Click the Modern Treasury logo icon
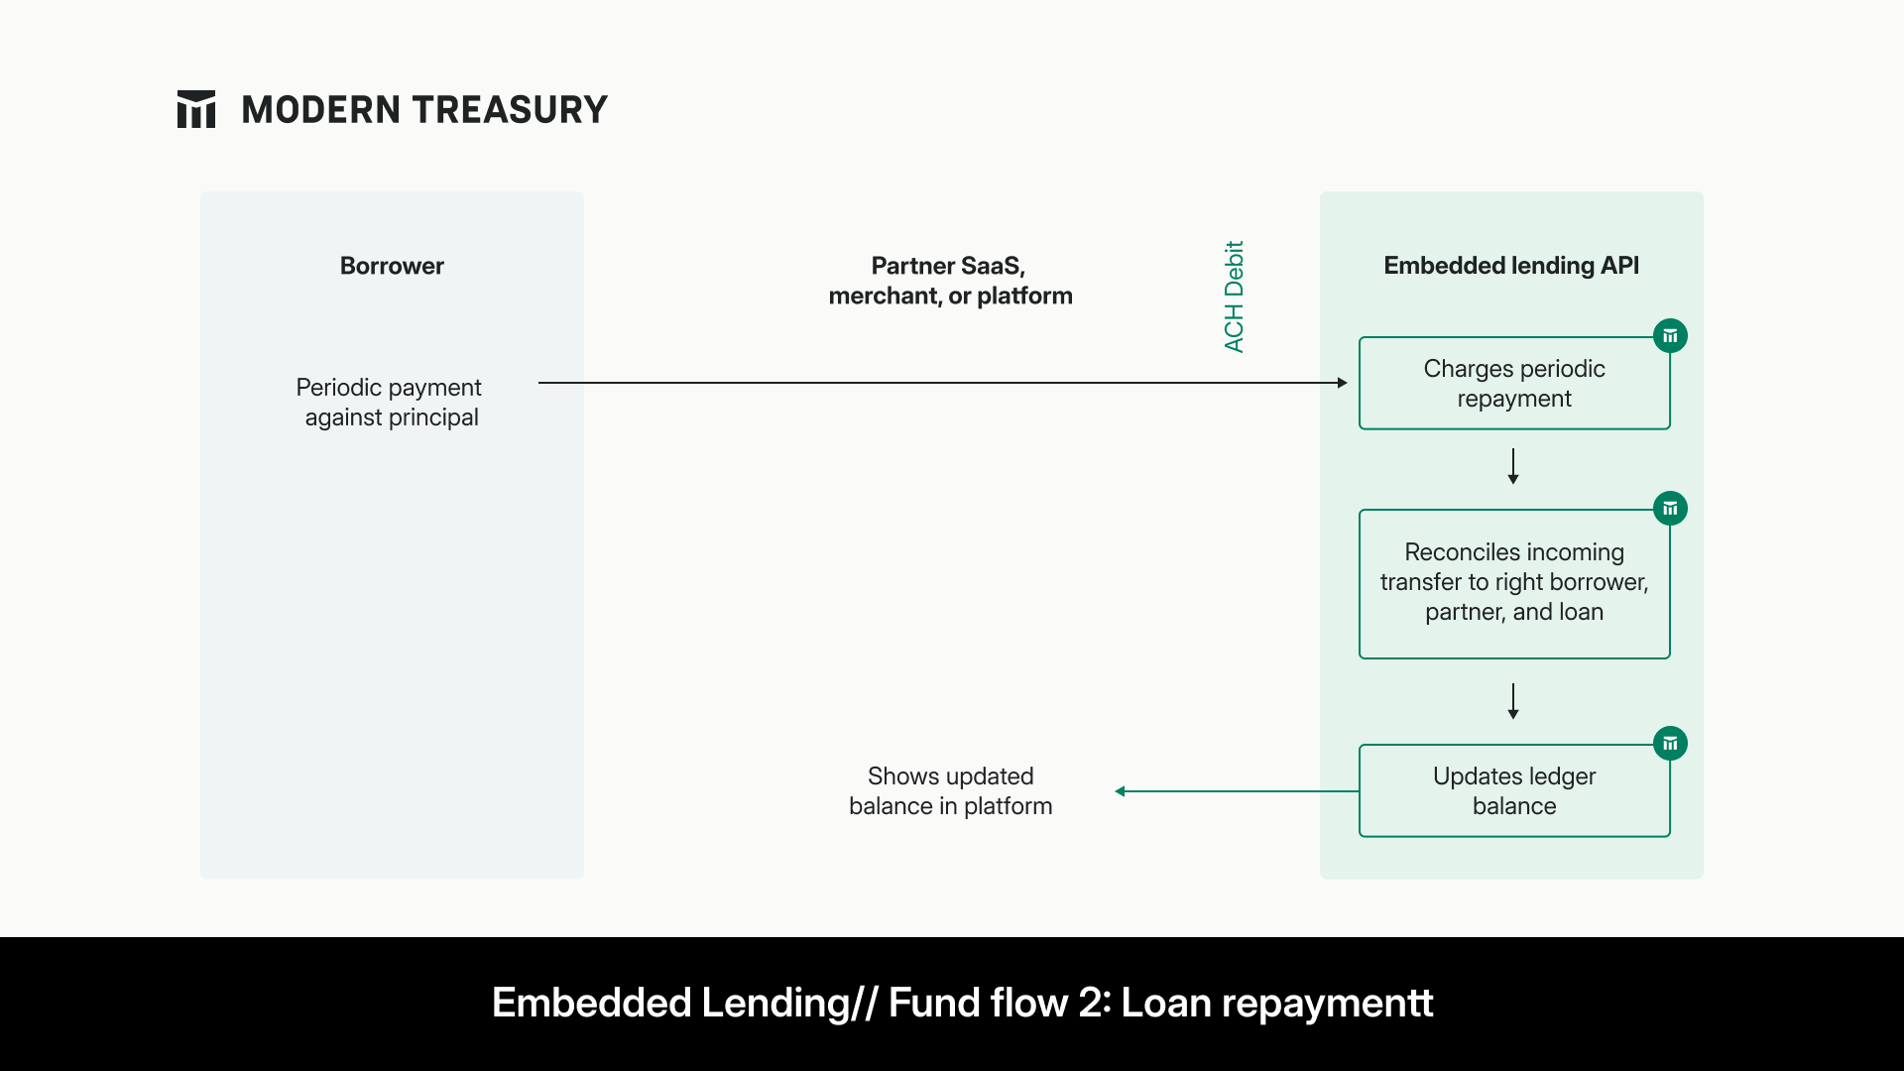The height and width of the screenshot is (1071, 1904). (196, 109)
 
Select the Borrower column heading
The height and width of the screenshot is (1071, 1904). (392, 266)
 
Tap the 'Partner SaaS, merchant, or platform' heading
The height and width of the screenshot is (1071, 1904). (950, 281)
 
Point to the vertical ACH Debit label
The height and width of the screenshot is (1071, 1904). (1234, 297)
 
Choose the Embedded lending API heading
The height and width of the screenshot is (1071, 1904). (1510, 266)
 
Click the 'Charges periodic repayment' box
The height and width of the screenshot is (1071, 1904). (1513, 384)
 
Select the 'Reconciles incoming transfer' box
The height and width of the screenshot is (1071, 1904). (1513, 583)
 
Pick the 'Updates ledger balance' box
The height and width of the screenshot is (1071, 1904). (1513, 791)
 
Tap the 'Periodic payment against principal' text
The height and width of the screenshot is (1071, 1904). (391, 402)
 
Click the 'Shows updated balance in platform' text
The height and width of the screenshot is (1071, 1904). (950, 791)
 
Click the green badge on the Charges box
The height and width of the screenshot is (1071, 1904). (1670, 336)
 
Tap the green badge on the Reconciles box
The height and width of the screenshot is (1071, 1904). (1670, 509)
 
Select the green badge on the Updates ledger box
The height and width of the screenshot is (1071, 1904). (1670, 743)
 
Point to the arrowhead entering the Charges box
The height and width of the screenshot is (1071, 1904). (1342, 383)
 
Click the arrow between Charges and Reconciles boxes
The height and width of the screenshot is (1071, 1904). (1513, 466)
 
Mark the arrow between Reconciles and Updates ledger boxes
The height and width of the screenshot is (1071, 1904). (1513, 701)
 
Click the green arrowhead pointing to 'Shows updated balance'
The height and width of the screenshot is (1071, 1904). (1121, 791)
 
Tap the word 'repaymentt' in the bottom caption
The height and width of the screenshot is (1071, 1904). (1327, 1004)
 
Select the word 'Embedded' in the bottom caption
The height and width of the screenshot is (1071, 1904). (591, 1004)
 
